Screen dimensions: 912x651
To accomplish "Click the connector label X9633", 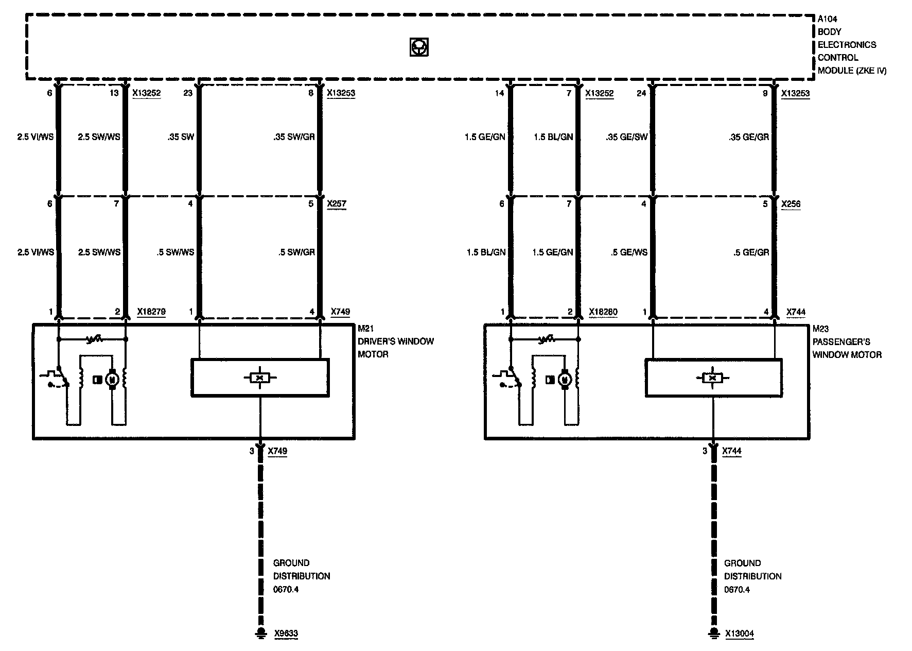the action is [286, 633].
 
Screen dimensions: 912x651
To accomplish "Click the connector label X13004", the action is [740, 633].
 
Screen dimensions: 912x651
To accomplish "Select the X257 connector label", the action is [337, 203].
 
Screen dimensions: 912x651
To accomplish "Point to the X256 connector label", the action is [791, 204].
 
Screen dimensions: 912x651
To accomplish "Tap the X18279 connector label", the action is [151, 312].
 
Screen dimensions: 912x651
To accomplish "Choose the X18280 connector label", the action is [603, 312].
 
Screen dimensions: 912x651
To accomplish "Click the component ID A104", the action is [827, 19].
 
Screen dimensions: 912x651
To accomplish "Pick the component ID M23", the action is [820, 329].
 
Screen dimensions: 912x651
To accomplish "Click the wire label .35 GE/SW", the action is [627, 137].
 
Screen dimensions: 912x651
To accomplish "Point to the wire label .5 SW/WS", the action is [176, 252].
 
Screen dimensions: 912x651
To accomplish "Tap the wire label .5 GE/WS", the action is [629, 252].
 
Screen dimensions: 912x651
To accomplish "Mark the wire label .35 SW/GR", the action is [294, 137].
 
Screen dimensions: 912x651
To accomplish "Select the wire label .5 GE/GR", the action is [751, 252].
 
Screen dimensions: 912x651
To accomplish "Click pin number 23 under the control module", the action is [188, 93].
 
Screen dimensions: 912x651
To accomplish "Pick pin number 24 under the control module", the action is [641, 93].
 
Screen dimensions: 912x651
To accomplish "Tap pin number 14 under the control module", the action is [500, 93].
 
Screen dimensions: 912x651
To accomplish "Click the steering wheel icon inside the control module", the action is [418, 47].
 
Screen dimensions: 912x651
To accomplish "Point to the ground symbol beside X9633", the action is [261, 633].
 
